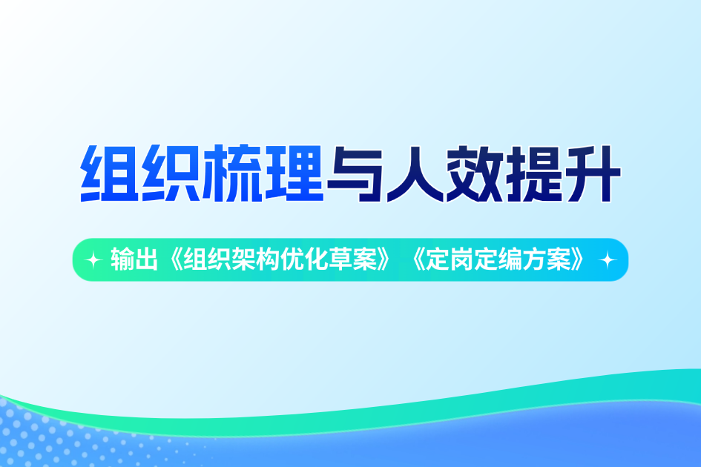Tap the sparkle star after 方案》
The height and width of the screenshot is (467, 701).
pyautogui.click(x=608, y=260)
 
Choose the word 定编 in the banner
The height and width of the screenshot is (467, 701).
pyautogui.click(x=501, y=260)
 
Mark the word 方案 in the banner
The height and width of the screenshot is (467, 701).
pyautogui.click(x=554, y=260)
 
